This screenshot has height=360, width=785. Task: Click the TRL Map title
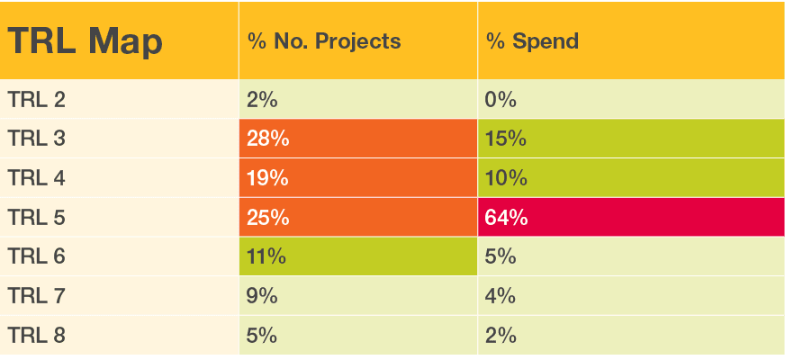(86, 41)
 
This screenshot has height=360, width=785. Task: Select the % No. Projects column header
(324, 41)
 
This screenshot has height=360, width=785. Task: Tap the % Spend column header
(532, 41)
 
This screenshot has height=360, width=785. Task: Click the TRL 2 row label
(36, 99)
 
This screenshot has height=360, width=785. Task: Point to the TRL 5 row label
(36, 217)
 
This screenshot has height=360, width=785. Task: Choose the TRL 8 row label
(36, 336)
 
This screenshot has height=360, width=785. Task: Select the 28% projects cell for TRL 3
(267, 139)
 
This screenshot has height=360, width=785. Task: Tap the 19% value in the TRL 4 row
(267, 178)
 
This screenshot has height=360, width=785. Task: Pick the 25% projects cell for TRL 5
(267, 217)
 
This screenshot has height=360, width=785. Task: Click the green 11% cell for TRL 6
(266, 256)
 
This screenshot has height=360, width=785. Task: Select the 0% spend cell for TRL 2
(501, 99)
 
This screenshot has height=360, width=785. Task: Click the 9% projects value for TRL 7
(262, 296)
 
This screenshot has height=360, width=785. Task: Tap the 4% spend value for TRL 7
(501, 296)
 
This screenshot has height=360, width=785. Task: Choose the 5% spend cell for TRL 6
(501, 256)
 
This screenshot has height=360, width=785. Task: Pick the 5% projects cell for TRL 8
(262, 336)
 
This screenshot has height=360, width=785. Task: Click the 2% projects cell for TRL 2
(262, 99)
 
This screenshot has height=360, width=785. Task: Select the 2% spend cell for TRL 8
(501, 336)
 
